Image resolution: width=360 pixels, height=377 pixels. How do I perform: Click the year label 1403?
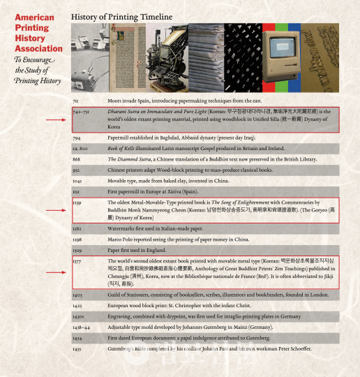tap(77, 295)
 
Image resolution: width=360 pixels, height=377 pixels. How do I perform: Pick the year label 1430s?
tap(78, 316)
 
